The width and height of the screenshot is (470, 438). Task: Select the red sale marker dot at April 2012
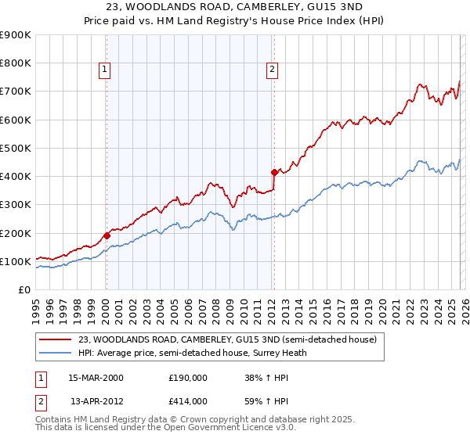tap(273, 172)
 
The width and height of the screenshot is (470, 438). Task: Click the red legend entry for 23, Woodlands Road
tap(227, 339)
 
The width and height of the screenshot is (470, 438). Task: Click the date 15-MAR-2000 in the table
tap(96, 377)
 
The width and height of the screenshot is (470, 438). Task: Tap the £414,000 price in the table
tap(188, 400)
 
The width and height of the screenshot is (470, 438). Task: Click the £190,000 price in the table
tap(188, 377)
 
